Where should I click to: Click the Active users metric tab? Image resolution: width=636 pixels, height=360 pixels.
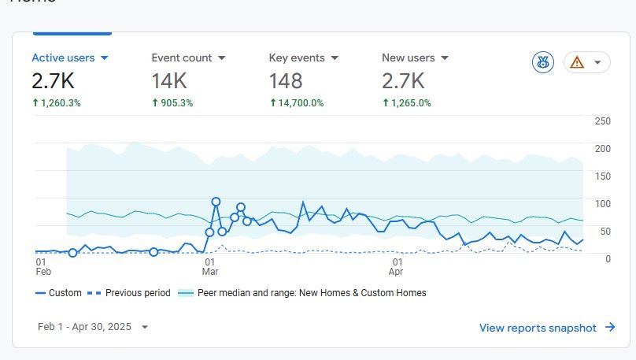(69, 58)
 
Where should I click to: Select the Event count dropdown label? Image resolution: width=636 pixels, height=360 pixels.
(188, 58)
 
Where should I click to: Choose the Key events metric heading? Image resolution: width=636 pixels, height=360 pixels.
(304, 58)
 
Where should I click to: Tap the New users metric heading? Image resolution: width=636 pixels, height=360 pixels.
(415, 58)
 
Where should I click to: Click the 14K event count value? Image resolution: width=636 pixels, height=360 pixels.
(169, 80)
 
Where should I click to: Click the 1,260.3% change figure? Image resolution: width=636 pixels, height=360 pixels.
(60, 103)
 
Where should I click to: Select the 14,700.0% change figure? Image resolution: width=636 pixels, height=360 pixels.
(301, 103)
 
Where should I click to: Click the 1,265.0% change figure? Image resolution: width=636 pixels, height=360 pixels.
(410, 103)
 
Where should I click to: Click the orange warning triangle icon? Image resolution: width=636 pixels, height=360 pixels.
(578, 63)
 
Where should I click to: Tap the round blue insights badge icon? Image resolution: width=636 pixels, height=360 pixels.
(543, 63)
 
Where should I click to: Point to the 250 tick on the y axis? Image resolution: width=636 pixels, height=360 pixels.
(602, 121)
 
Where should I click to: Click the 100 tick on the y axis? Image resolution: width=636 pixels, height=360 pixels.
(602, 204)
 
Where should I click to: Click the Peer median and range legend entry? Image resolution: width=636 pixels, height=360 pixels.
(311, 293)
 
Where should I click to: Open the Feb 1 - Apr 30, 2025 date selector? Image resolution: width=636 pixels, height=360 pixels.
(93, 327)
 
